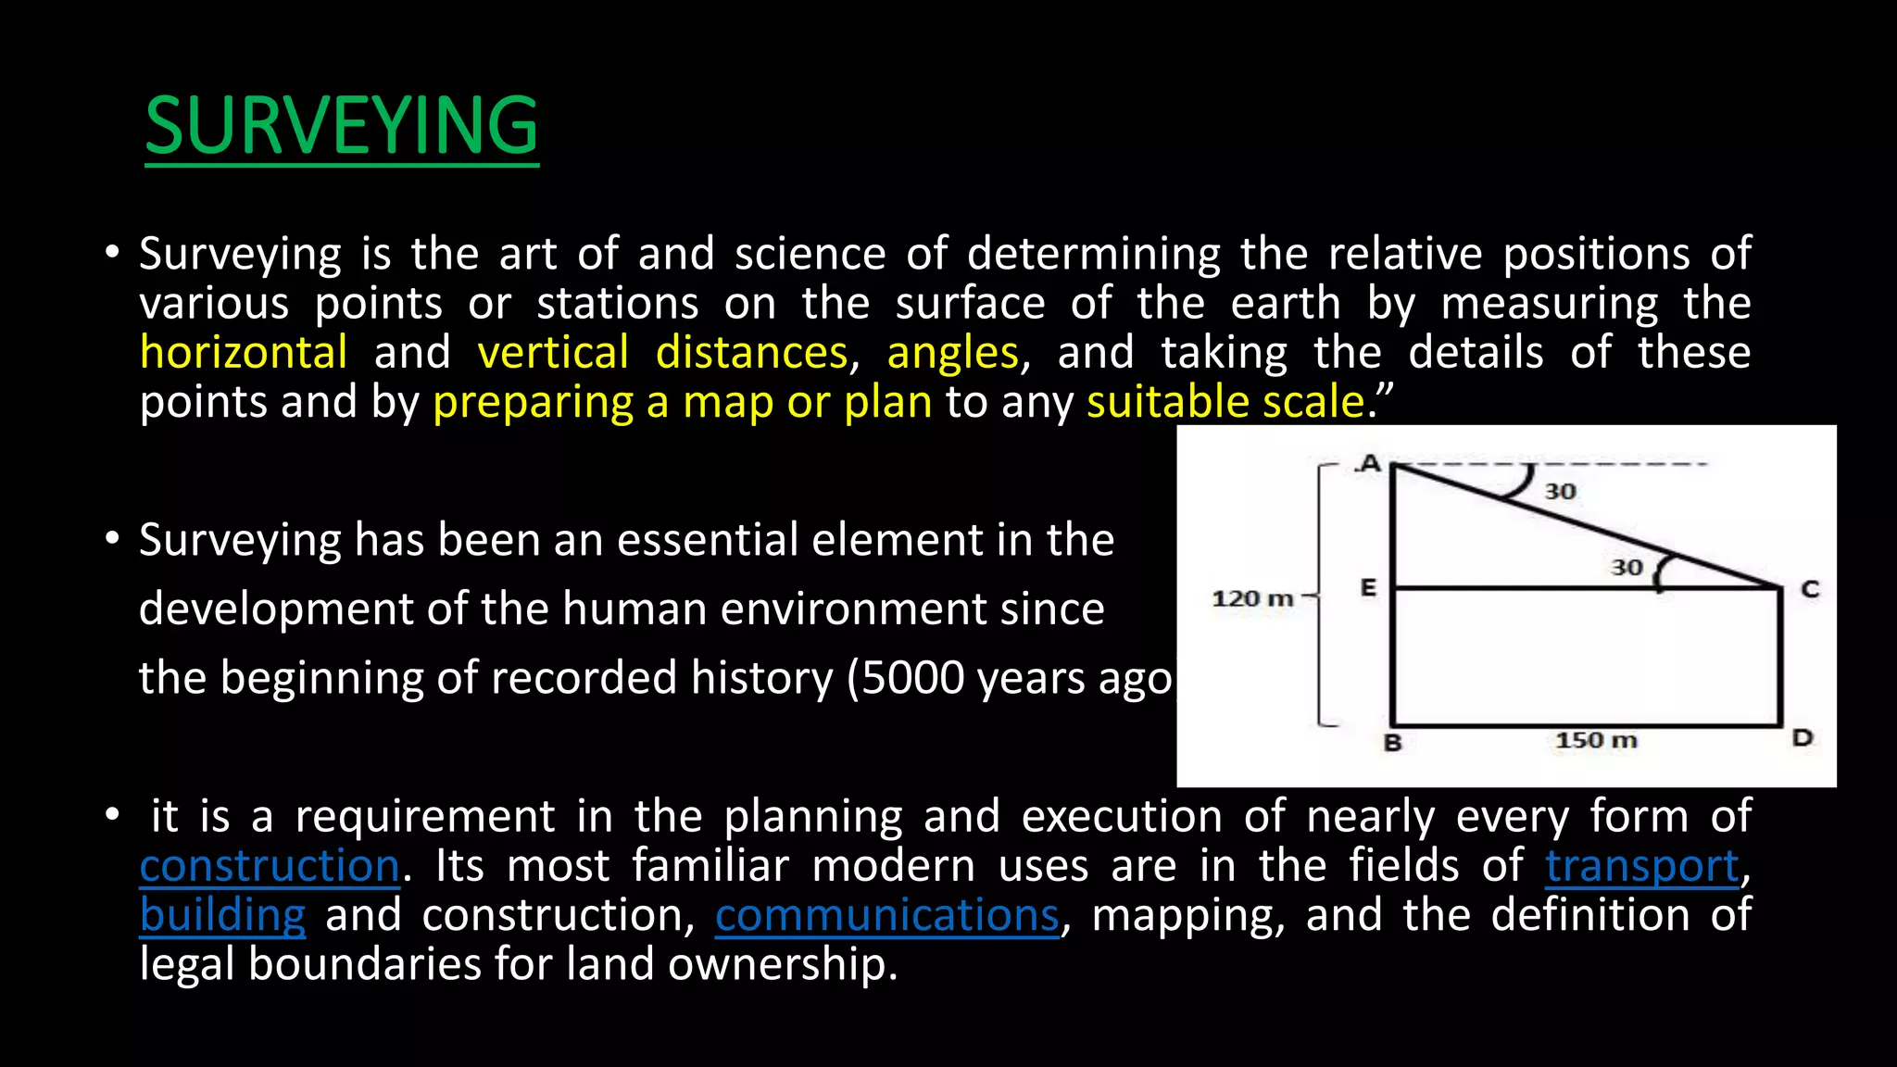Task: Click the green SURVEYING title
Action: (x=342, y=126)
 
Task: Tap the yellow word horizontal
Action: (x=244, y=353)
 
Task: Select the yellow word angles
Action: (x=953, y=353)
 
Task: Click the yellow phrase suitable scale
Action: (x=1225, y=402)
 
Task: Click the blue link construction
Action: (x=270, y=866)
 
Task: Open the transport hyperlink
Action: (x=1642, y=866)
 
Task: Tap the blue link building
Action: (x=222, y=915)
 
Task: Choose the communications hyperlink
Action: (x=886, y=915)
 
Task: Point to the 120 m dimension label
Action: (x=1252, y=598)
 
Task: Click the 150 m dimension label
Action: (x=1596, y=740)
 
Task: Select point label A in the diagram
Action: (x=1369, y=463)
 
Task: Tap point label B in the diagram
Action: (x=1392, y=743)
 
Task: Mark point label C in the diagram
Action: (x=1810, y=589)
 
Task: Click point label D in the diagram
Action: (x=1802, y=738)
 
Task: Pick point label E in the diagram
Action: (x=1368, y=587)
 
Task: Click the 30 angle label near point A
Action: (x=1560, y=492)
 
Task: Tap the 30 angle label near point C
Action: (x=1627, y=567)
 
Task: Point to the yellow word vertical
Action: (x=553, y=353)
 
